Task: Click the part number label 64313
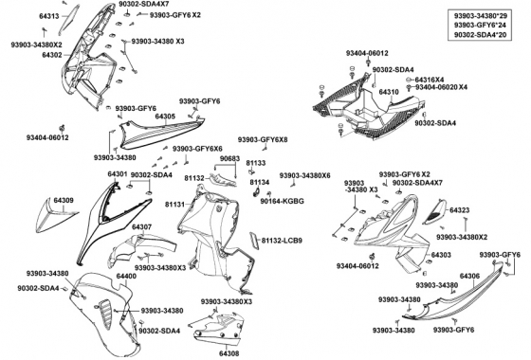49,16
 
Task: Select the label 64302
52,55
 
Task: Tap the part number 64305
165,117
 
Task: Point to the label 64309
64,200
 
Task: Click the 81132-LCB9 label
282,241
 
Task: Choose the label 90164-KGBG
283,201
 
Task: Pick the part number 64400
126,276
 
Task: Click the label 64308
229,353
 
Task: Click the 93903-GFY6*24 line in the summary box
480,25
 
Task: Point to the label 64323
460,210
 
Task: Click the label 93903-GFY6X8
263,140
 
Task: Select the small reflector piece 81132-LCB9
254,241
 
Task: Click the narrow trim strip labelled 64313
68,20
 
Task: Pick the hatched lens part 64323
434,212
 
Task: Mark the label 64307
141,227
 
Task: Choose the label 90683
229,158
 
